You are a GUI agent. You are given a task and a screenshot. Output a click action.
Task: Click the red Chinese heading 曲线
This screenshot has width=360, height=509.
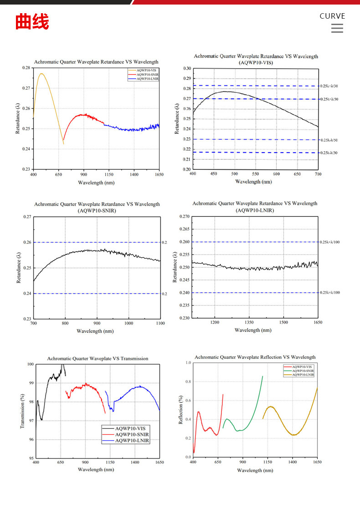(32, 22)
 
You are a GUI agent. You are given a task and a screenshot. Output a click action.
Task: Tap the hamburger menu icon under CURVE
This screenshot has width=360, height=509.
(337, 28)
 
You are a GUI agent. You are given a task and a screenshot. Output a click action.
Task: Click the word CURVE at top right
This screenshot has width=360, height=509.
(332, 16)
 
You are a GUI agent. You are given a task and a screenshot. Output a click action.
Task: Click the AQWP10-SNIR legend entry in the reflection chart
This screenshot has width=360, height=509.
(303, 371)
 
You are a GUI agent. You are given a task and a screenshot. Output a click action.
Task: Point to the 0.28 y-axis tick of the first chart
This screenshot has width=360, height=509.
(26, 68)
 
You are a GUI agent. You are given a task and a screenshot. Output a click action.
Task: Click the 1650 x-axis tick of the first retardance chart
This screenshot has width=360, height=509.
(159, 174)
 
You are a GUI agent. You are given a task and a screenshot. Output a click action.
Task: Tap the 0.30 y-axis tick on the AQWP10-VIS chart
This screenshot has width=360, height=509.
(187, 68)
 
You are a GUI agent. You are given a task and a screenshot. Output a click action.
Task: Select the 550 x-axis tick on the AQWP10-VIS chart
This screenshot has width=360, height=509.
(255, 174)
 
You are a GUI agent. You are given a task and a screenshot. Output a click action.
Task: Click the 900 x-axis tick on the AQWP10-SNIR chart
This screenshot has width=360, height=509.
(97, 323)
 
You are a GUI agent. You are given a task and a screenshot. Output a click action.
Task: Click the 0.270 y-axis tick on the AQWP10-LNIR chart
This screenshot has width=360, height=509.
(184, 217)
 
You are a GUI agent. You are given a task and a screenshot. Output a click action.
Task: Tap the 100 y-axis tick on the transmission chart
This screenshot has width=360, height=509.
(30, 364)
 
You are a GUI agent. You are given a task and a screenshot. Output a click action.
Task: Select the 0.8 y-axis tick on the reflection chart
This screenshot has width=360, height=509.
(188, 382)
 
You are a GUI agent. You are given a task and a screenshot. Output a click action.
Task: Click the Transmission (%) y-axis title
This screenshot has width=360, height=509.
(21, 411)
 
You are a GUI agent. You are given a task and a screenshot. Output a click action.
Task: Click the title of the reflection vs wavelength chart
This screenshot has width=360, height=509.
(255, 357)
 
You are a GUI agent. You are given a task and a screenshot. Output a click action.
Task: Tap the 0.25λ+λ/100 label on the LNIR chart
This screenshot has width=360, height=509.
(330, 242)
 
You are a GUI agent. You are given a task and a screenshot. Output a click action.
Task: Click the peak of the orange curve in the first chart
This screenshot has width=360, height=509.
(41, 73)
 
